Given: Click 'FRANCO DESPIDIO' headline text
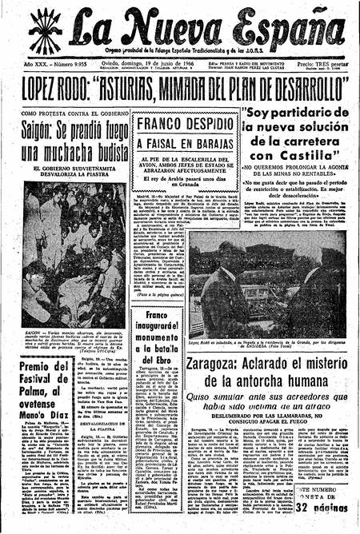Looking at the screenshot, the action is point(175,126).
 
